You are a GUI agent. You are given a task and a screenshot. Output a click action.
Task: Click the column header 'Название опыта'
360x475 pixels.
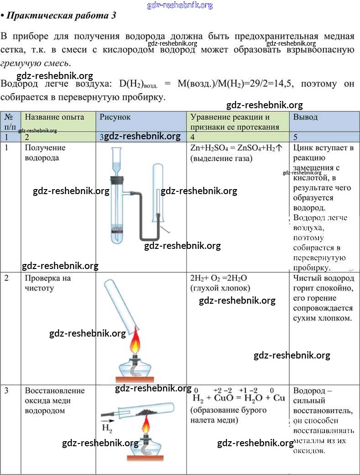coord(54,117)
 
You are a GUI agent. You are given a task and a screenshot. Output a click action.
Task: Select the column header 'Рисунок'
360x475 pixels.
coord(115,117)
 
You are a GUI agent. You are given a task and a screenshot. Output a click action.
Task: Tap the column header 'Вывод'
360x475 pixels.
coord(305,117)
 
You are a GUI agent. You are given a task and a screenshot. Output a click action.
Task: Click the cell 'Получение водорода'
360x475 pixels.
coord(45,153)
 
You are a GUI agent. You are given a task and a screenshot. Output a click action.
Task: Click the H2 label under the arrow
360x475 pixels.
coord(107,428)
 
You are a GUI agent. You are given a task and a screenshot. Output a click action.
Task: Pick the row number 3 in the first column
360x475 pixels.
coord(7,391)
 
